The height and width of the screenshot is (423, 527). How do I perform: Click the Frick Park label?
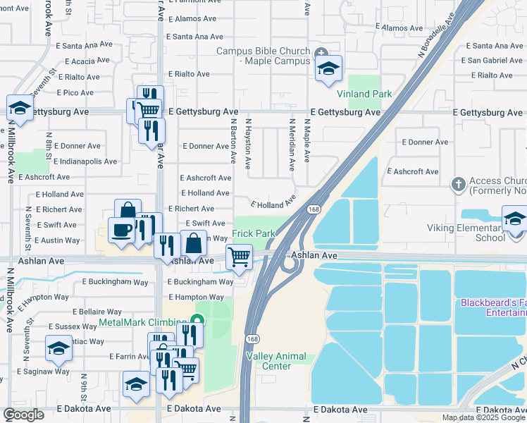(254, 233)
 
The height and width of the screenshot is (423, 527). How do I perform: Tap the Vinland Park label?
(364, 94)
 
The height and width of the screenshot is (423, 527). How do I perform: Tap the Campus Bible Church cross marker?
(321, 51)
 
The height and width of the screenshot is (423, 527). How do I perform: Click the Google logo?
(23, 415)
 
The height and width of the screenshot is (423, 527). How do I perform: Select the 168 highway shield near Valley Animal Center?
(252, 339)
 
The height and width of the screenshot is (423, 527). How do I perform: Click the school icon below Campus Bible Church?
(328, 68)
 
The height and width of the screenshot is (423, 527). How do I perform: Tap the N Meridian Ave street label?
(292, 145)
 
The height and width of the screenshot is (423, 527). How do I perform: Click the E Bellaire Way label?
(97, 312)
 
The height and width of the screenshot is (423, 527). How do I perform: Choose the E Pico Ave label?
(73, 92)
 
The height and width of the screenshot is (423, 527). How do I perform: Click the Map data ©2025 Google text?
(483, 417)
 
